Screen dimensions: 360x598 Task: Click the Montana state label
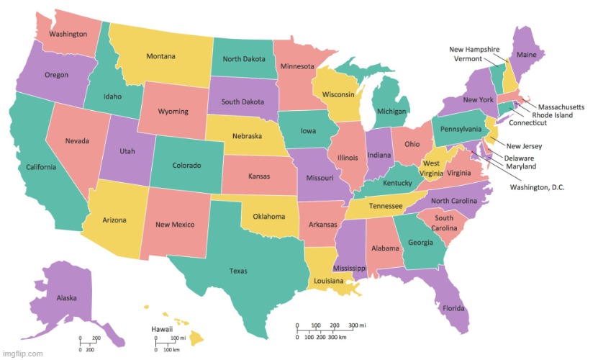166,56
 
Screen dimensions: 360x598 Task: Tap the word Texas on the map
238,271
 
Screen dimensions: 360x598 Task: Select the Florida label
453,309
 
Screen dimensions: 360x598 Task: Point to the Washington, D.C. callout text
538,187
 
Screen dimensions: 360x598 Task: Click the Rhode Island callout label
553,114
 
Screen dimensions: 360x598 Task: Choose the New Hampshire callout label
474,49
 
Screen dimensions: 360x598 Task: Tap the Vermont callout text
468,58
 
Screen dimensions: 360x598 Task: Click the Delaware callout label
519,158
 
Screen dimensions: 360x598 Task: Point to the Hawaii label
161,329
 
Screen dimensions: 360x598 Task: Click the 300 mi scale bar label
357,325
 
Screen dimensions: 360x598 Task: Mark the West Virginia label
431,168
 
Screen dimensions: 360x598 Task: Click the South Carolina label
443,222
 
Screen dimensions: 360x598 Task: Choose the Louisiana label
327,280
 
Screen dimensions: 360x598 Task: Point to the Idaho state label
112,96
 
